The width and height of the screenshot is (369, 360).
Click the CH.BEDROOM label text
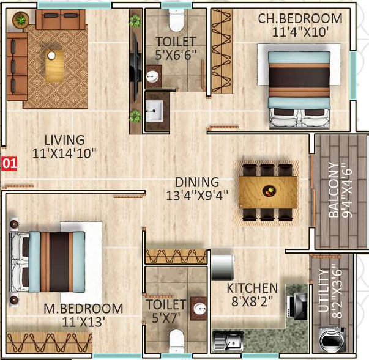point(300,18)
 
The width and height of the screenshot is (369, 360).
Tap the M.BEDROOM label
point(83,309)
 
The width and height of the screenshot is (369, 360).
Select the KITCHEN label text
point(252,288)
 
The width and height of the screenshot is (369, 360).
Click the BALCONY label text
point(334,190)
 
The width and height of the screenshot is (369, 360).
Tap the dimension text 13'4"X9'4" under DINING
point(197,195)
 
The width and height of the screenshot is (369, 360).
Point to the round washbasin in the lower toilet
point(199,307)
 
